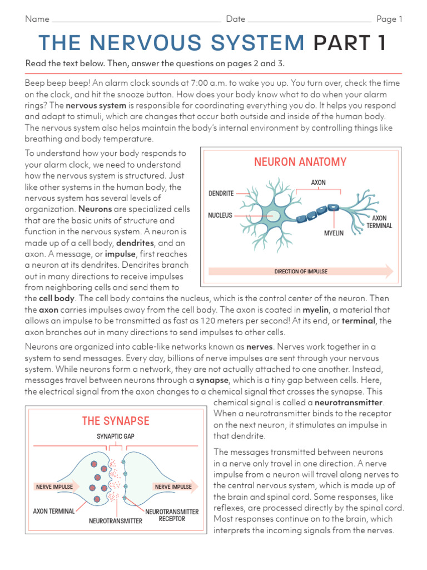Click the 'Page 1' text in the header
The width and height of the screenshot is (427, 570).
(x=389, y=19)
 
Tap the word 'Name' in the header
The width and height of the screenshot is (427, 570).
(x=37, y=19)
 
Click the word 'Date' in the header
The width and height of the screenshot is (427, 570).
(x=236, y=19)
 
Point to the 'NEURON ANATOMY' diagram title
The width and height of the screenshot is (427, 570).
(x=300, y=162)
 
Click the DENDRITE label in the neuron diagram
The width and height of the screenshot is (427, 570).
(x=221, y=194)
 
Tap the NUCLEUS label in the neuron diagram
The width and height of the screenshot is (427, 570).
(x=220, y=215)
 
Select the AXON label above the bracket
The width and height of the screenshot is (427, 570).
(x=319, y=183)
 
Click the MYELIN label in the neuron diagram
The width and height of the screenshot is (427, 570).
(x=334, y=233)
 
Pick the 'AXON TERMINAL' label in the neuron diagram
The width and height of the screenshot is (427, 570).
(x=382, y=222)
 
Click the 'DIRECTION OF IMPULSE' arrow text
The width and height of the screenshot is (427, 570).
(x=301, y=272)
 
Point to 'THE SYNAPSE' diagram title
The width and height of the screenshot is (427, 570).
(x=116, y=421)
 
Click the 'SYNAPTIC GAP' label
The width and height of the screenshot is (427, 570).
(x=115, y=437)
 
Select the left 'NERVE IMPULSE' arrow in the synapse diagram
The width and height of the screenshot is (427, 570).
(x=54, y=487)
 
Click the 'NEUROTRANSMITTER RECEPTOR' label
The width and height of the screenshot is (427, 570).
(x=172, y=515)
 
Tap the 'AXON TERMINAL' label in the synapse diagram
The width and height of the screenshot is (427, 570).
(x=54, y=511)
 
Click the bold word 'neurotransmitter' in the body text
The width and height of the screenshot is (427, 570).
(x=349, y=402)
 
